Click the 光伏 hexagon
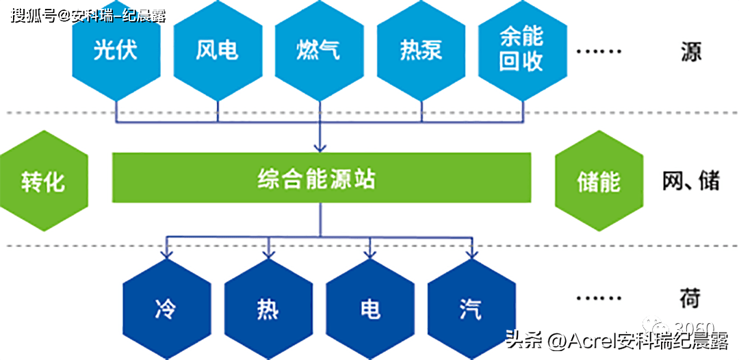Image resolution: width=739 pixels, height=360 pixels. pos(116,51)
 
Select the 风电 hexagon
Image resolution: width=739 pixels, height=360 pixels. pos(217,51)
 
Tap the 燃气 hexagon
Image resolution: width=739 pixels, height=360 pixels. pos(319,51)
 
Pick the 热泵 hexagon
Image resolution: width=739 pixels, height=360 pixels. pos(421,51)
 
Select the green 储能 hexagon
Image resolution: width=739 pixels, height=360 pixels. pos(599,181)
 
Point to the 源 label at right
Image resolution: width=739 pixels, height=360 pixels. pos(690,51)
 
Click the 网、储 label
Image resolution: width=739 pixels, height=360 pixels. pos(690,181)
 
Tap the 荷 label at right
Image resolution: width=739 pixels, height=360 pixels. pos(690,299)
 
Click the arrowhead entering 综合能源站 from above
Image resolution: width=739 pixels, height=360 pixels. pos(320,146)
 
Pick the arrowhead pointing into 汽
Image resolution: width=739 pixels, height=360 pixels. pos(471,255)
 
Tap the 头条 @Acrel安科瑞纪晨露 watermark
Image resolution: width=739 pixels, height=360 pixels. pos(616,340)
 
